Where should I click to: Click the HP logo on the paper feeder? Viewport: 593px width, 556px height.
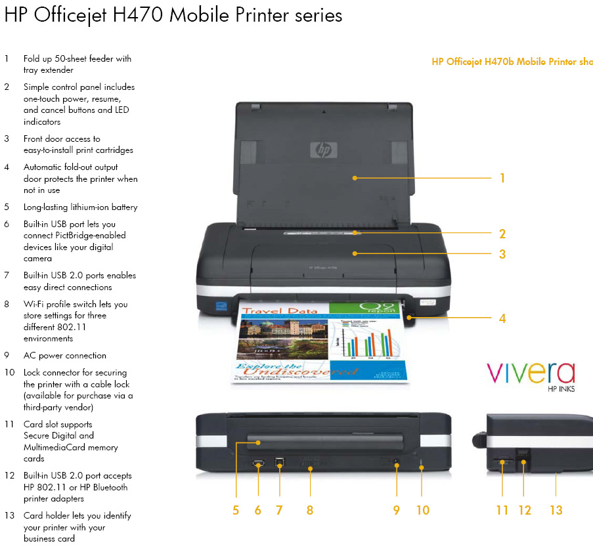(322, 150)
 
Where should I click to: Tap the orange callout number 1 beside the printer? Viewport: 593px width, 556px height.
(502, 178)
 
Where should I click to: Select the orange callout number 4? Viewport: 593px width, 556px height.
(502, 318)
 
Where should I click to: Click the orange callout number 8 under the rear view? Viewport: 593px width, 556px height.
(310, 510)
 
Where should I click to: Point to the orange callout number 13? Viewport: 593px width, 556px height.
(556, 510)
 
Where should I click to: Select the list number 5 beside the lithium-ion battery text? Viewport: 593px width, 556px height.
(7, 207)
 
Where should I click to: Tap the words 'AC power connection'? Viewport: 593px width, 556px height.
(64, 356)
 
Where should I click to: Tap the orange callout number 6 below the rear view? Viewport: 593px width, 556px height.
(257, 510)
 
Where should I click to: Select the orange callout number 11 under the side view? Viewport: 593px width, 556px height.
(502, 510)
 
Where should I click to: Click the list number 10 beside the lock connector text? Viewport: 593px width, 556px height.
(9, 373)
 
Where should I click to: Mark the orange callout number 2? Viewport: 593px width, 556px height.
(502, 234)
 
